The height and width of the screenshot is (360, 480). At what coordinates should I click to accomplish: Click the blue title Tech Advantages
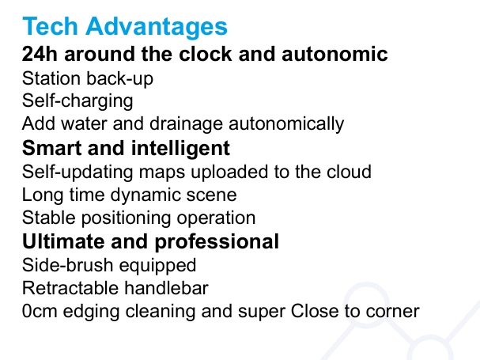pos(125,26)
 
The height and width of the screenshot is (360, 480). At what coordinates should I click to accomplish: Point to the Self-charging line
pos(77,101)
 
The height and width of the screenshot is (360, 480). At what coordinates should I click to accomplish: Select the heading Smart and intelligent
pos(126,148)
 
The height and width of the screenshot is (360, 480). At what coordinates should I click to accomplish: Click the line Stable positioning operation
pos(138,218)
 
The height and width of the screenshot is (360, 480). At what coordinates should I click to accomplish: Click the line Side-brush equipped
pos(109,265)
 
